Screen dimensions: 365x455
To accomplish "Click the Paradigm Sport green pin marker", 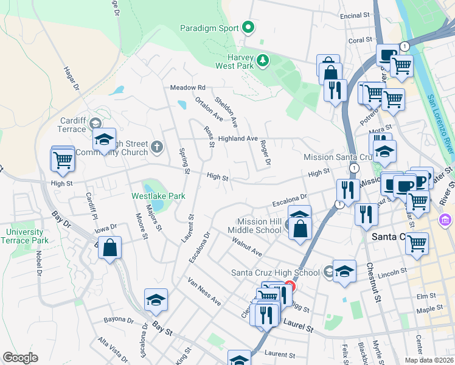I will pos(248,27).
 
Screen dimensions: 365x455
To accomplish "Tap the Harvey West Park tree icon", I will pos(262,60).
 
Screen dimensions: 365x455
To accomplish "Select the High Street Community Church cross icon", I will pos(157,146).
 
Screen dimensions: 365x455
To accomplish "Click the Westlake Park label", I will pos(159,196).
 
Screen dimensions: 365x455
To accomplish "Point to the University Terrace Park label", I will pos(25,236).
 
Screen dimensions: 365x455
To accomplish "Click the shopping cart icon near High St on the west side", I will pos(63,160).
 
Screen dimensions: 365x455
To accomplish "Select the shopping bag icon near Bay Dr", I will pos(109,248).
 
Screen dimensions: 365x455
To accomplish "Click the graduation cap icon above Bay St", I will pos(156,300).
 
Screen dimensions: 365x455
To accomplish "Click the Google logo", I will pos(20,358).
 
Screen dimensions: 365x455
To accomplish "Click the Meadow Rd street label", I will pos(188,88).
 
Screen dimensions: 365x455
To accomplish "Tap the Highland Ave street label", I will pos(238,139).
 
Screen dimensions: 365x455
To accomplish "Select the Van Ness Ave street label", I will pos(204,292).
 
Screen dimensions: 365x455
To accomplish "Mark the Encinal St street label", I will pos(356,16).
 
